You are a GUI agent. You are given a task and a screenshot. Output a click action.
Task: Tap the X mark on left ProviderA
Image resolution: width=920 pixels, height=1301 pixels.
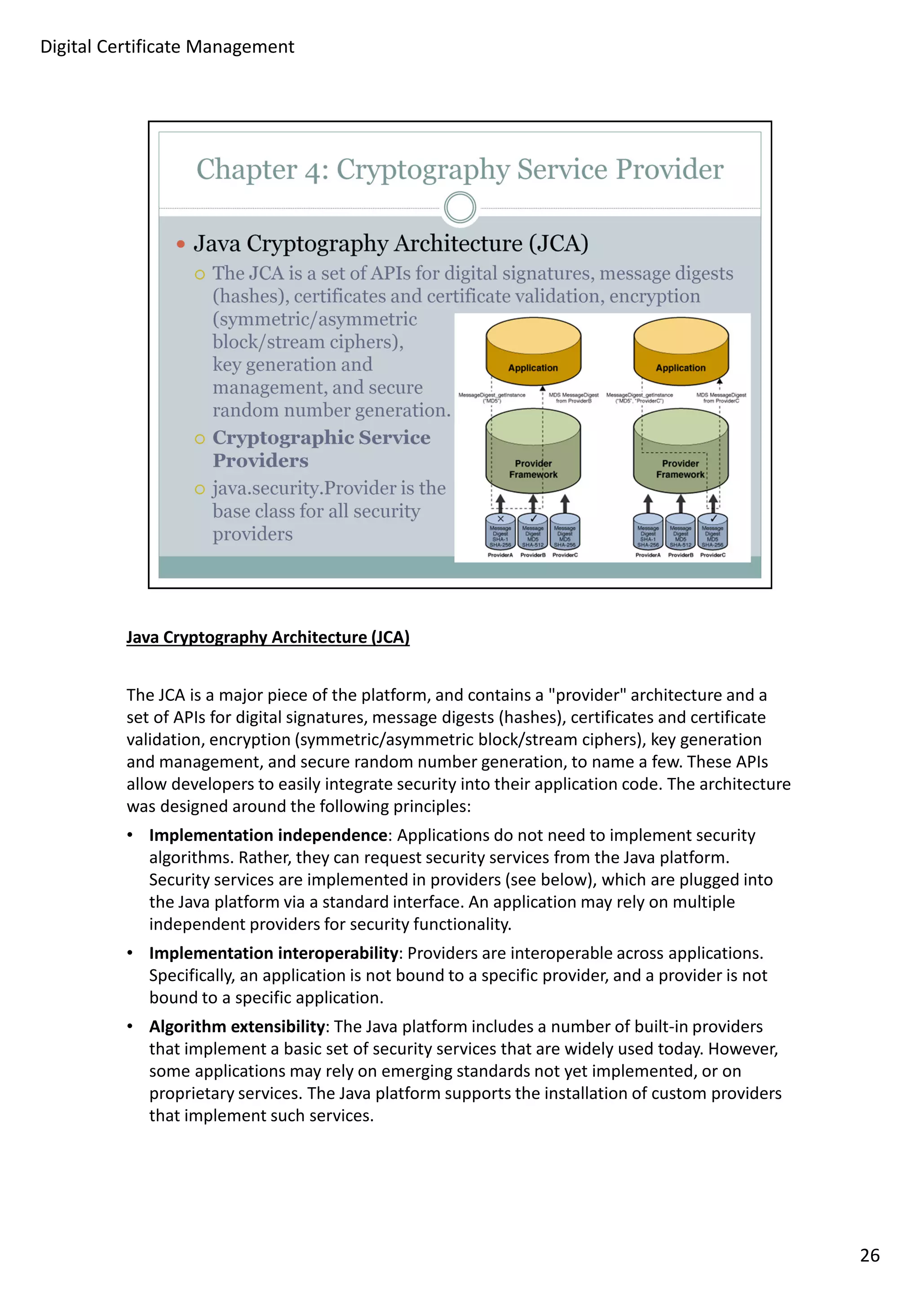(x=500, y=519)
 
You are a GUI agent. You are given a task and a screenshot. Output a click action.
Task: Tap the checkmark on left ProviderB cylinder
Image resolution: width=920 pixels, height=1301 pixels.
(x=533, y=519)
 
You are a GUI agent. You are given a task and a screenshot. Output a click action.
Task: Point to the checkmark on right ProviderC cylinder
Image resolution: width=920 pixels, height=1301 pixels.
(x=713, y=519)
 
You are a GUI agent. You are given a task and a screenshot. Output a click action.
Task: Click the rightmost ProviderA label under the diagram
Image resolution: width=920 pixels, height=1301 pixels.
(x=647, y=555)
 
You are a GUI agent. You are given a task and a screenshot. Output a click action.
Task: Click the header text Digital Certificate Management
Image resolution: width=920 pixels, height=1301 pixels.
(x=167, y=47)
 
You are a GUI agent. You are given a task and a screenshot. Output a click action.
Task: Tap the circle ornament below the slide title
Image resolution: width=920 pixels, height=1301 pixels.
(x=460, y=207)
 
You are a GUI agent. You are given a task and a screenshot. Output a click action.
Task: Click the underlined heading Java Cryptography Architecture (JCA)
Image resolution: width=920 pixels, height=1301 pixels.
(x=268, y=637)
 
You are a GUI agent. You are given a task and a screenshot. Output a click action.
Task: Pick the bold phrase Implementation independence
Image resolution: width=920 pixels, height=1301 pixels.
(x=268, y=835)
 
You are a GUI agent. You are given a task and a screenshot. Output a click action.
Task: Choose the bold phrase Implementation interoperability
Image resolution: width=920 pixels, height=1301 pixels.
(x=274, y=953)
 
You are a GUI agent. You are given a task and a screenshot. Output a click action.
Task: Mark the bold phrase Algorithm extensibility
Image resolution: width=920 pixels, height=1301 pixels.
(x=237, y=1026)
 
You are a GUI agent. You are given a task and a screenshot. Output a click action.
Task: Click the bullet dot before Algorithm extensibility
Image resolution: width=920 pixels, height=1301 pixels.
(x=130, y=1026)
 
